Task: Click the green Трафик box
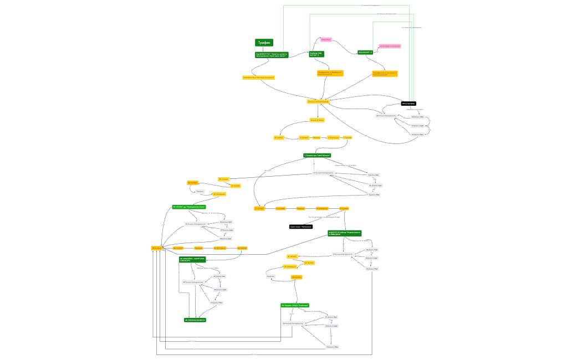point(264,43)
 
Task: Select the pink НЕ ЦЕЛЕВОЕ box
point(389,47)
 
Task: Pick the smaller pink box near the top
point(326,39)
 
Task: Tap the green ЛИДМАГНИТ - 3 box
point(365,52)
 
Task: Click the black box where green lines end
point(409,104)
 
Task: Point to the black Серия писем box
point(300,227)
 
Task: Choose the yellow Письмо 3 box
point(317,120)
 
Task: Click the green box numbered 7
point(317,156)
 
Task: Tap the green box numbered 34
point(188,207)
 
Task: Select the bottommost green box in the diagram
point(195,320)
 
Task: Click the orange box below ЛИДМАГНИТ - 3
point(385,74)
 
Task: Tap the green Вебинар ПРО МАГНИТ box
point(316,54)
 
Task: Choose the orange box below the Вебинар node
point(330,73)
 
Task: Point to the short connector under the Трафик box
point(264,49)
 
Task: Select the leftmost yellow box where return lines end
point(157,248)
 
